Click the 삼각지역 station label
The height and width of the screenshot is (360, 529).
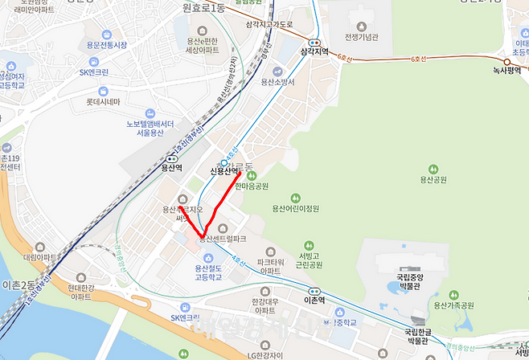point(314,51)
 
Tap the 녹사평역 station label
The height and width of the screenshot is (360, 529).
point(507,71)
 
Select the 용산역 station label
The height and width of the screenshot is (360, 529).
point(171,168)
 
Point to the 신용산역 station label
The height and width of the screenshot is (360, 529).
point(224,171)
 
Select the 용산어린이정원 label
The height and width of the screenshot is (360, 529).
point(295,207)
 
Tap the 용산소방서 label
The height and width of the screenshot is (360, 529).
point(279,82)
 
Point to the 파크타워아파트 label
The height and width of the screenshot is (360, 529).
point(273,266)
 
